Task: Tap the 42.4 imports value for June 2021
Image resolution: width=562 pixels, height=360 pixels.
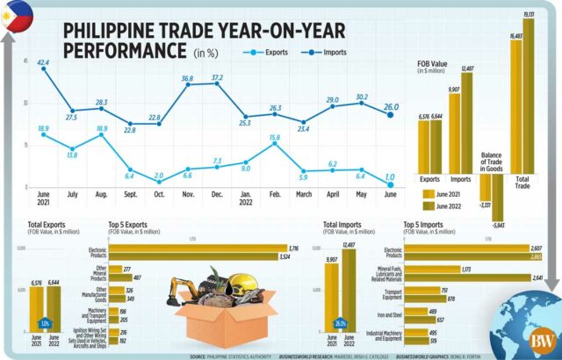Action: pos(43,62)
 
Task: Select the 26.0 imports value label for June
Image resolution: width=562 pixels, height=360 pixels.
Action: pos(392,107)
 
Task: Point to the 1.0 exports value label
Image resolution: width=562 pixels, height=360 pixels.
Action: pos(389,176)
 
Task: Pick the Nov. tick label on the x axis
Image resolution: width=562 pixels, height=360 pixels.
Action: pos(186,194)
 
